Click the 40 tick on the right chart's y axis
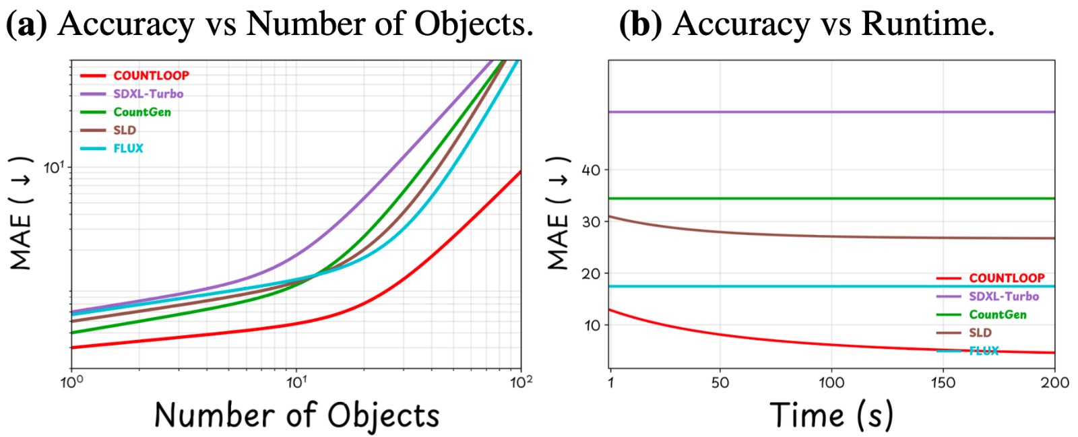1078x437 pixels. [x=591, y=170]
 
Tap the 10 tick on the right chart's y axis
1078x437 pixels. [x=591, y=325]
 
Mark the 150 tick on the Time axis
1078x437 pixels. [x=943, y=383]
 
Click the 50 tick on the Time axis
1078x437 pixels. [x=720, y=383]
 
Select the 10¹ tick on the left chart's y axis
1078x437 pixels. [x=55, y=167]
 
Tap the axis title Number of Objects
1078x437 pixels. [x=296, y=415]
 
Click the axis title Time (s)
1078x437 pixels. [x=831, y=415]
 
